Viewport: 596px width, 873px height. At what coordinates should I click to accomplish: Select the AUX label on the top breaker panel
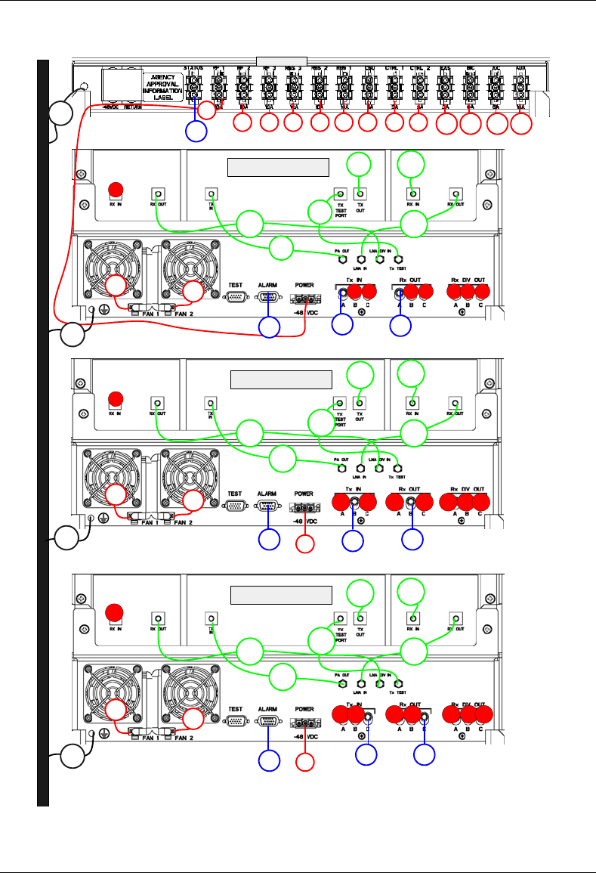tap(520, 68)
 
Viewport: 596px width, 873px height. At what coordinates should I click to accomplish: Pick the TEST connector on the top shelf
tap(236, 297)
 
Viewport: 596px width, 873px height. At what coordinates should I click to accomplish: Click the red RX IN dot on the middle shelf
tap(116, 398)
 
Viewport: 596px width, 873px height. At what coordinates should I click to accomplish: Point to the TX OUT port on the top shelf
tap(360, 193)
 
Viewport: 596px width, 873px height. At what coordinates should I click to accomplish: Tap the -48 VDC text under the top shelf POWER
tap(306, 312)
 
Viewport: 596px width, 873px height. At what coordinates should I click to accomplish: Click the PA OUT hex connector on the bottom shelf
tap(342, 683)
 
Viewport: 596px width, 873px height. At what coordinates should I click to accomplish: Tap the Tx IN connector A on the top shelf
tap(342, 293)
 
